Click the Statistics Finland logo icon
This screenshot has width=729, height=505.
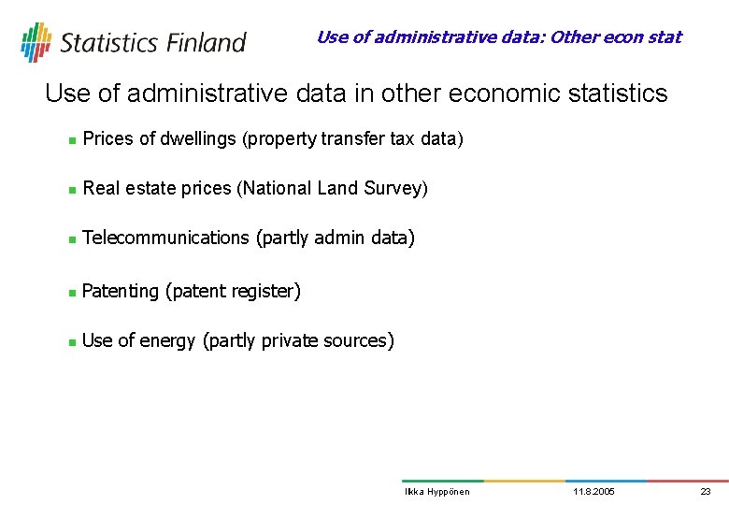[x=36, y=42]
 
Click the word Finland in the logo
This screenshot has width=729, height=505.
[x=207, y=43]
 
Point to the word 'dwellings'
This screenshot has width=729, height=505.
[x=199, y=139]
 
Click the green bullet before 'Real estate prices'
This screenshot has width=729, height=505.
[x=71, y=190]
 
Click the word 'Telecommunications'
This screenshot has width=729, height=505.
[x=165, y=238]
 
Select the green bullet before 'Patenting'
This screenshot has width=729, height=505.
[x=71, y=293]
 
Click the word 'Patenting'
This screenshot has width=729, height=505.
[x=121, y=292]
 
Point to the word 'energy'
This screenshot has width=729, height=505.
[x=167, y=341]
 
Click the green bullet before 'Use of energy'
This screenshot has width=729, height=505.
[x=71, y=342]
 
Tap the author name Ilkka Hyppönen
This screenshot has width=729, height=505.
[x=436, y=492]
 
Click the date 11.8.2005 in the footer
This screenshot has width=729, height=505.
[x=593, y=492]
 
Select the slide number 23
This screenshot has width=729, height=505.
[x=706, y=492]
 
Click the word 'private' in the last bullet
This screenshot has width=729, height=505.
[x=290, y=341]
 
